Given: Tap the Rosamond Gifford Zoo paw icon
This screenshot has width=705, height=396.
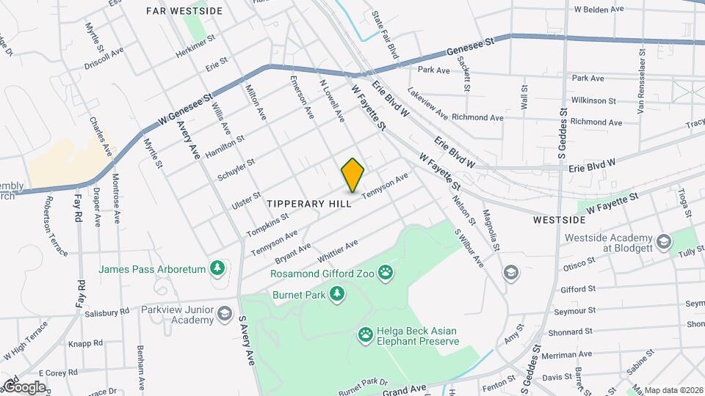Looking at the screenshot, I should click(x=386, y=274).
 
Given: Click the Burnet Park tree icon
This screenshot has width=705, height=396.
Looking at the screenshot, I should click(x=337, y=294).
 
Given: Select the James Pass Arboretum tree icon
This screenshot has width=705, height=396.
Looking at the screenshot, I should click(x=217, y=269).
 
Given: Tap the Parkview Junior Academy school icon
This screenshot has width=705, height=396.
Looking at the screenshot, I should click(x=225, y=315).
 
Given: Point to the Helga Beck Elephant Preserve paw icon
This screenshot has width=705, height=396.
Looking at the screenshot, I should click(x=366, y=335).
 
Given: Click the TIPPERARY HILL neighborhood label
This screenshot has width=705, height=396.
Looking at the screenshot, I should click(x=309, y=203).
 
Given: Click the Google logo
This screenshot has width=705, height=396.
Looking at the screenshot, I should click(x=24, y=386).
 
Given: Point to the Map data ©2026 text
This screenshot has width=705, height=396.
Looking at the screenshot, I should click(x=673, y=389).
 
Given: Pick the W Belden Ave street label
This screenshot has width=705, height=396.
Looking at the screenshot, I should click(x=599, y=10).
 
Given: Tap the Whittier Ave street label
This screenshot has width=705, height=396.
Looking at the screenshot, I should click(x=337, y=252).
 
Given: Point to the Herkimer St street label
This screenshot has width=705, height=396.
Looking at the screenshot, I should click(x=195, y=46).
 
